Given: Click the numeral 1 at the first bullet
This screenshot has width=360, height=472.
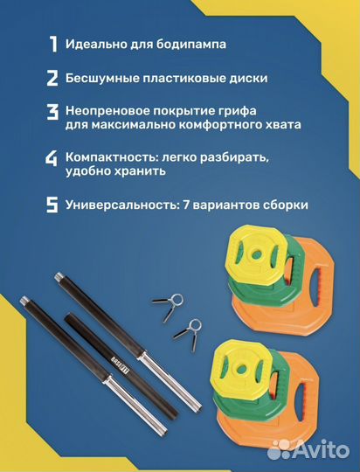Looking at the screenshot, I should [52, 44].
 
